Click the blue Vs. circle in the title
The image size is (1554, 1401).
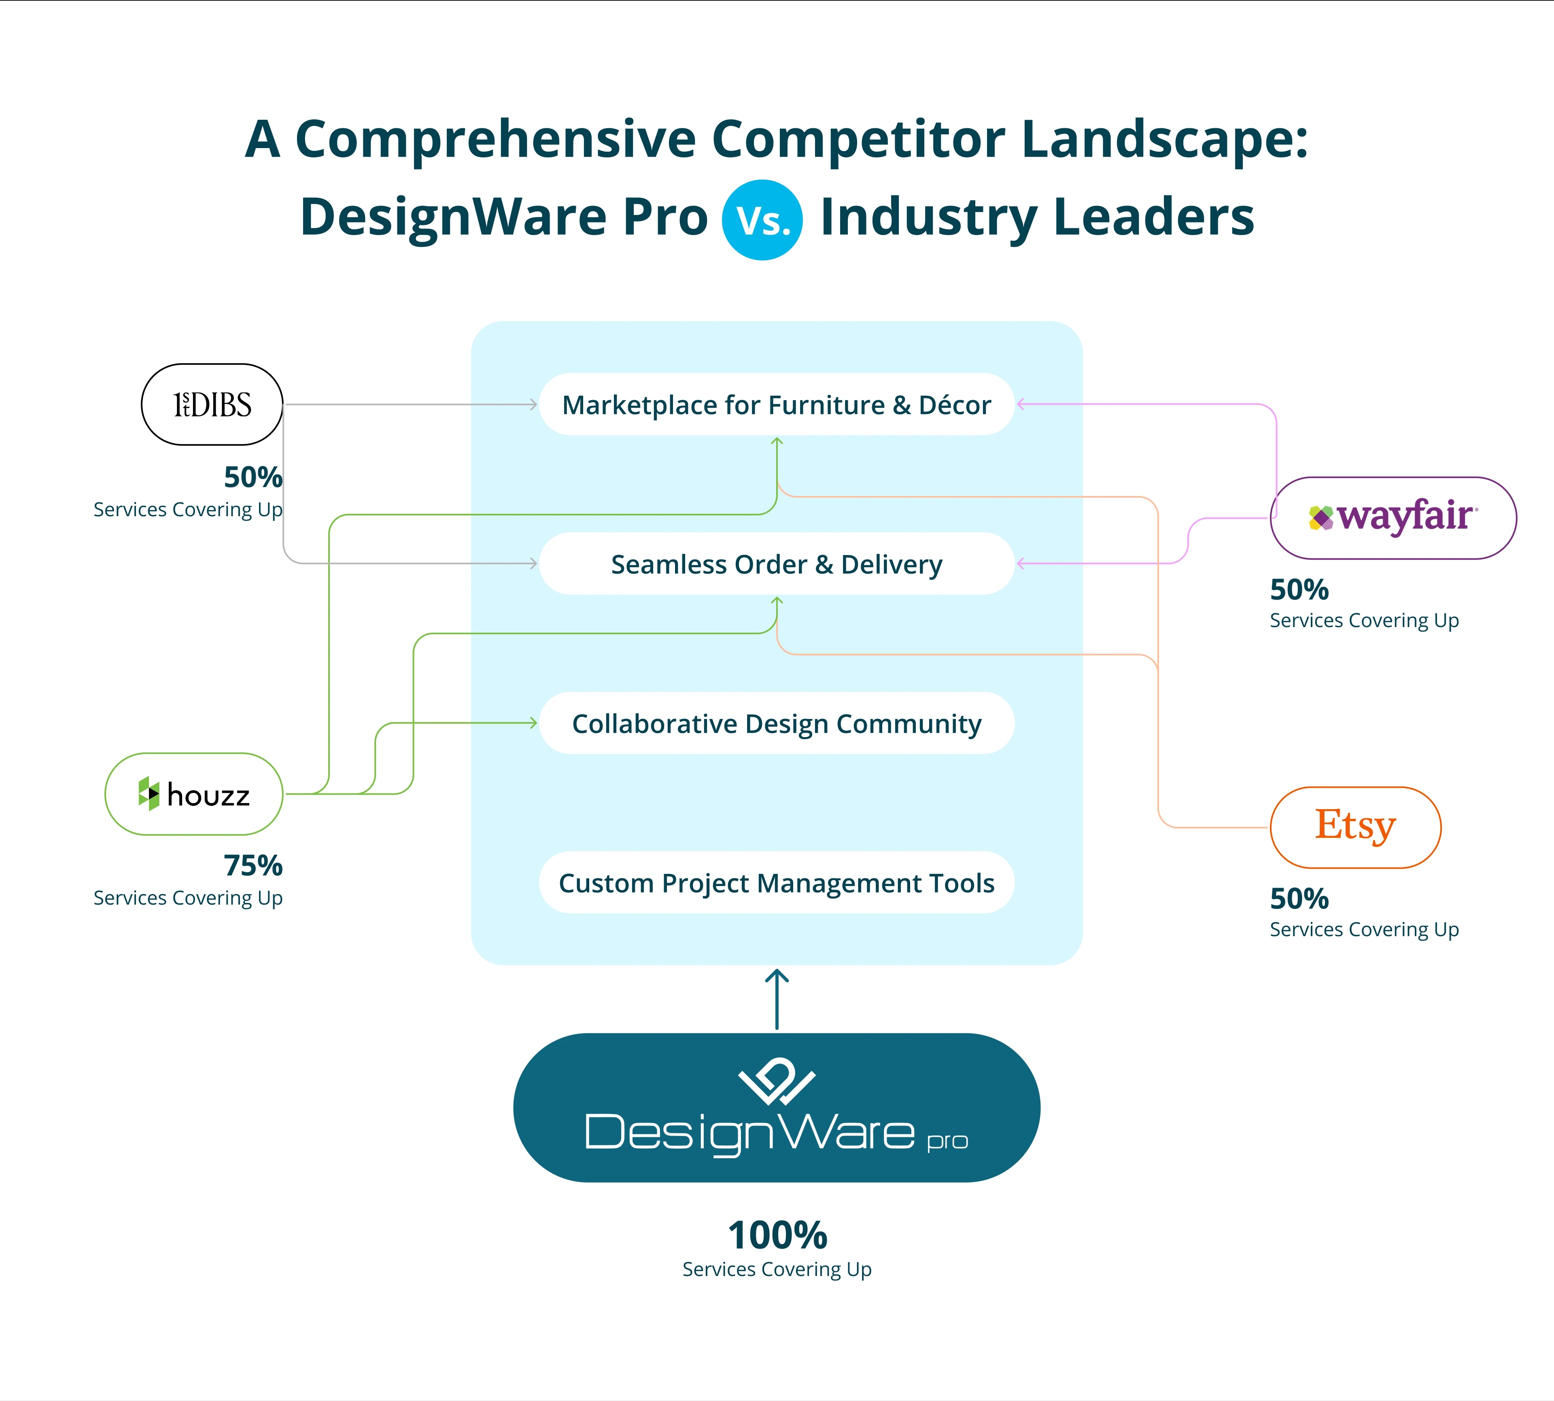[x=762, y=220]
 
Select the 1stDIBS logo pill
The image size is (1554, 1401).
[x=212, y=404]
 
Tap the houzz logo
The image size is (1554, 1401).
[x=194, y=794]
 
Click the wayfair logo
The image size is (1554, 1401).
[x=1392, y=517]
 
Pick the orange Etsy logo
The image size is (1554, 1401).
[x=1354, y=827]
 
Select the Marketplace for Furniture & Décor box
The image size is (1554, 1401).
[x=776, y=404]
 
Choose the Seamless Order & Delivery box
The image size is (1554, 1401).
[x=776, y=564]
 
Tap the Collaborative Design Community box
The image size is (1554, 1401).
[x=776, y=723]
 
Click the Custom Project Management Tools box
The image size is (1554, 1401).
[x=776, y=882]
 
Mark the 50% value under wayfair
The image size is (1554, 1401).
[x=1299, y=590]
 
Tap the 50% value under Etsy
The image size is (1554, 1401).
[x=1299, y=899]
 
